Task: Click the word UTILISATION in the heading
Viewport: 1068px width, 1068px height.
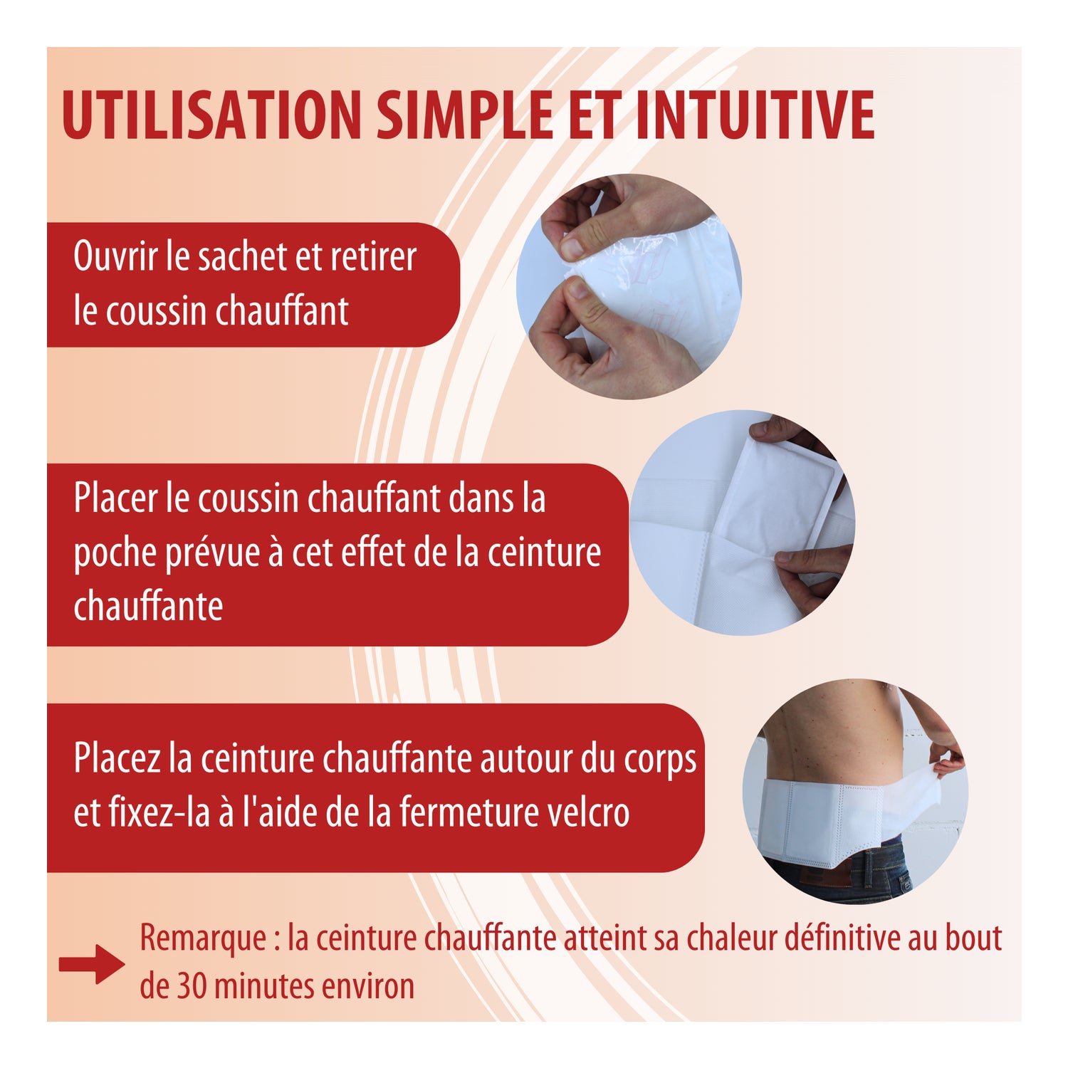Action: [211, 115]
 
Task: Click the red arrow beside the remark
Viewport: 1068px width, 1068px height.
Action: [92, 965]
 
